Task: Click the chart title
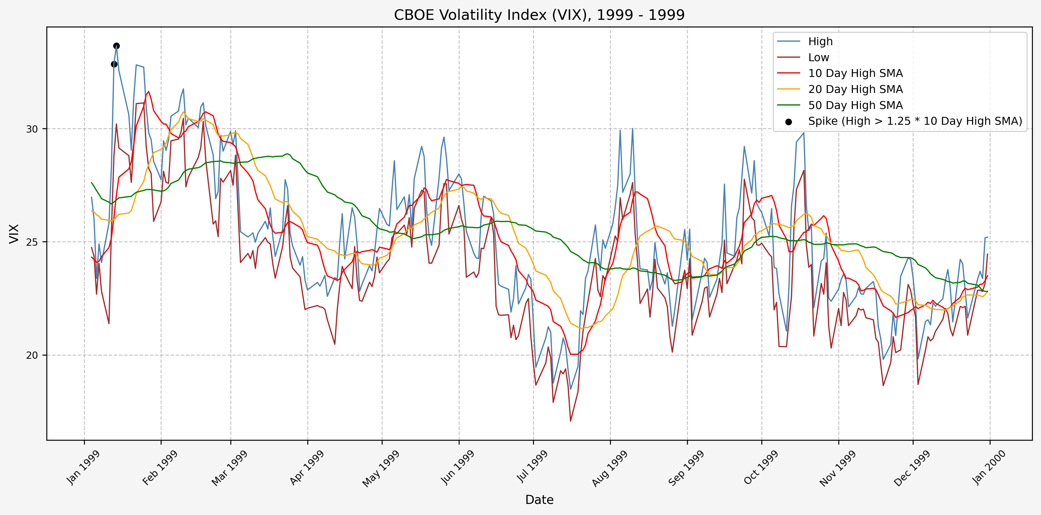(539, 15)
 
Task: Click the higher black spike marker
(116, 46)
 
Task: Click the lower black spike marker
(114, 64)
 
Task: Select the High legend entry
(820, 42)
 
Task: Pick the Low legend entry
(818, 58)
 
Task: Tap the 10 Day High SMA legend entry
(855, 73)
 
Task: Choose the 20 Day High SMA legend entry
(855, 89)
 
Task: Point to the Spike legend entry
(915, 121)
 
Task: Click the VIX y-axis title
(14, 233)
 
